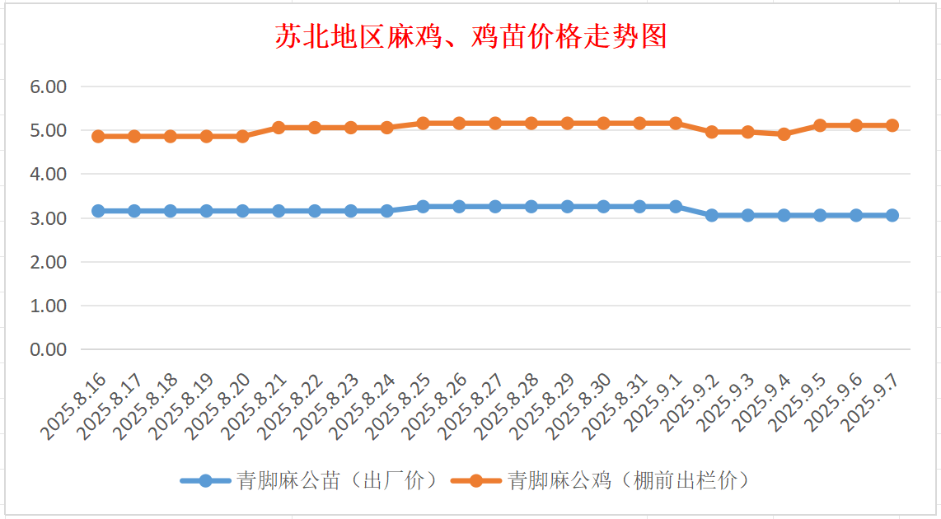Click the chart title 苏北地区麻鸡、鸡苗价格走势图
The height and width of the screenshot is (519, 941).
tap(470, 37)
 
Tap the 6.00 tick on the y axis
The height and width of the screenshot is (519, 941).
tap(48, 86)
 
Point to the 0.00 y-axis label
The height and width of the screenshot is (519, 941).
tap(48, 349)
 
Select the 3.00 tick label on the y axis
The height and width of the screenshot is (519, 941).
tap(48, 218)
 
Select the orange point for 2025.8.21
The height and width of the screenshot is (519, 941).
tap(279, 128)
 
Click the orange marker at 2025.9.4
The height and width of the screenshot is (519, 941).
tap(784, 134)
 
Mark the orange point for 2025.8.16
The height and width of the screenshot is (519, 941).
tap(98, 136)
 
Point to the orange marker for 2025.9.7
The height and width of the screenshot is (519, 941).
tap(892, 125)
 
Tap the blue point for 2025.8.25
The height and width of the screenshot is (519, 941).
tap(423, 207)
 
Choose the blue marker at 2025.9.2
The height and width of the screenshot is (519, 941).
tap(712, 215)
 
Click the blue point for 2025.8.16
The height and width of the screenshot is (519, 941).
tap(98, 211)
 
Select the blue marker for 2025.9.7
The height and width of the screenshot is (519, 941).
tap(892, 215)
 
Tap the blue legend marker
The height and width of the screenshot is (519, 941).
tap(206, 480)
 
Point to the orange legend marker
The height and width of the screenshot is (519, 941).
tap(476, 480)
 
